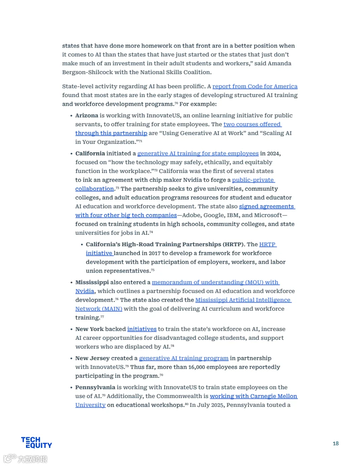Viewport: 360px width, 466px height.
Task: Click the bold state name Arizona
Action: click(x=86, y=116)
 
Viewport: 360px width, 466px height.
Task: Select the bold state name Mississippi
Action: click(x=92, y=282)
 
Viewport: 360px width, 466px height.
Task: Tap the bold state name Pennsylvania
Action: click(x=95, y=387)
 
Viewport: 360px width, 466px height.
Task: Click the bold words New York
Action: click(x=89, y=329)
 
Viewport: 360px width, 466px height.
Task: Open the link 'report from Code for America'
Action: click(x=255, y=86)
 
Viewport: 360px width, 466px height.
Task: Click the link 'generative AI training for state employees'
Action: click(x=198, y=154)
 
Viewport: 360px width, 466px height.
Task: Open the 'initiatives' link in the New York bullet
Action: click(x=142, y=329)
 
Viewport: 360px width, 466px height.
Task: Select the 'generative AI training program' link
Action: click(x=184, y=358)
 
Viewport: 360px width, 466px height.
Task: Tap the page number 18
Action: click(x=336, y=443)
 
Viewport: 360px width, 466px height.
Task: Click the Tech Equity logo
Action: click(x=36, y=443)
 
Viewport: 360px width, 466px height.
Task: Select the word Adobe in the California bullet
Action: click(x=187, y=215)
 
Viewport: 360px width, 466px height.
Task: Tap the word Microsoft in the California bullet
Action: click(x=267, y=215)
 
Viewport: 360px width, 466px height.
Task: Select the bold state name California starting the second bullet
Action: click(x=90, y=154)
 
